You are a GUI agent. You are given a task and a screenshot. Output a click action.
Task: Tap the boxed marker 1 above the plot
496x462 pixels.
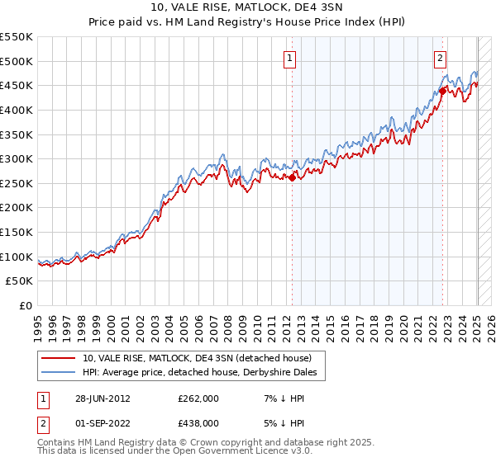click(291, 58)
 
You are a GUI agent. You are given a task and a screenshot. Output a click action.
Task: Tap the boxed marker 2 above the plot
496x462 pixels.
click(441, 58)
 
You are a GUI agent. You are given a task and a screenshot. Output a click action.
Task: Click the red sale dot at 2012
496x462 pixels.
click(292, 177)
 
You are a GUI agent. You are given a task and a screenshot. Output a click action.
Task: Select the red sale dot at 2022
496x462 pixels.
click(442, 91)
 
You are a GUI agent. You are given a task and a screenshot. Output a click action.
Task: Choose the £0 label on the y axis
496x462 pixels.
click(26, 305)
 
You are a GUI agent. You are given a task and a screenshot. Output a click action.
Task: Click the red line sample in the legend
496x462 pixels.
click(59, 359)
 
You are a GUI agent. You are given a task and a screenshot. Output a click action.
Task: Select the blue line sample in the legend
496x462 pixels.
click(59, 373)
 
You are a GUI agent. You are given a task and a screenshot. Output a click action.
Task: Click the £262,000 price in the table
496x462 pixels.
click(197, 398)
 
